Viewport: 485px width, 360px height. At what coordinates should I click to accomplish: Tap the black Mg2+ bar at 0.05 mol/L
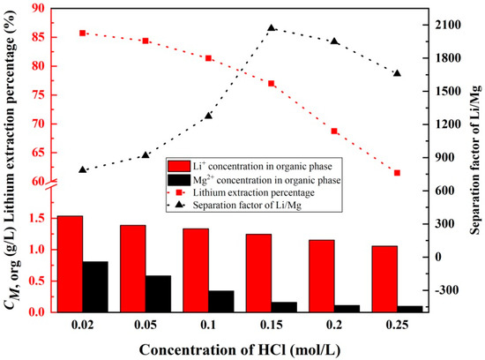158,294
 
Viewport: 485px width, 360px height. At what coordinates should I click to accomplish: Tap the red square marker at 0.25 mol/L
397,173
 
